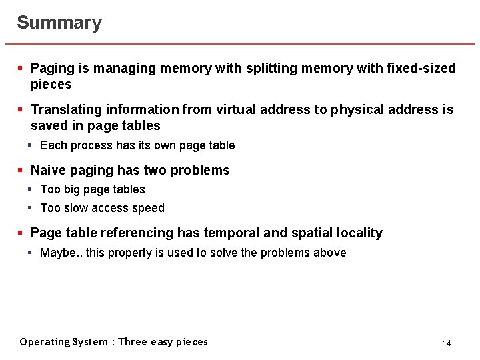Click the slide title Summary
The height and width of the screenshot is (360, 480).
pos(59,23)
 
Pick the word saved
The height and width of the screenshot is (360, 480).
pos(48,125)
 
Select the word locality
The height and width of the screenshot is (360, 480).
pos(359,233)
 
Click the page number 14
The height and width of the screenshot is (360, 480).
pos(447,343)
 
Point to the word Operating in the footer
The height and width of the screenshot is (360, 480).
pos(45,342)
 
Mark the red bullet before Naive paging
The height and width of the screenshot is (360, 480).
pos(21,170)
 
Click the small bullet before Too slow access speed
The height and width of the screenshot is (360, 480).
pos(31,208)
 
